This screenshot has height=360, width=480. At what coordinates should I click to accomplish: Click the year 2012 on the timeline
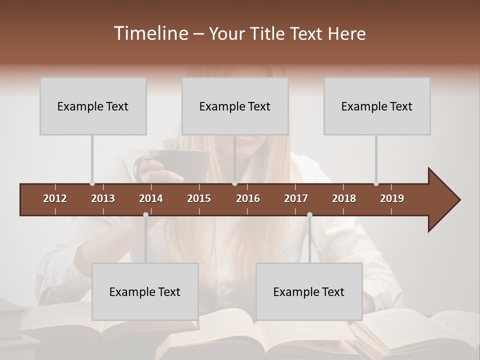pyautogui.click(x=55, y=198)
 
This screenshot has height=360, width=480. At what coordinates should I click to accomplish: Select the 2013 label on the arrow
pyautogui.click(x=103, y=198)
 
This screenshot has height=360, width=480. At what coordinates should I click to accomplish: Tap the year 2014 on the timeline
pyautogui.click(x=151, y=198)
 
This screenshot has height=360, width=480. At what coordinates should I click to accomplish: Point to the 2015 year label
pyautogui.click(x=199, y=198)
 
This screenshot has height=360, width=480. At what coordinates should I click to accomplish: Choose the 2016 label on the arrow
pyautogui.click(x=248, y=198)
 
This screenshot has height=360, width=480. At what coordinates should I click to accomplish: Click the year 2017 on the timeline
pyautogui.click(x=296, y=198)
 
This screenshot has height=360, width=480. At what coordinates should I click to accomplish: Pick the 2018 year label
pyautogui.click(x=344, y=198)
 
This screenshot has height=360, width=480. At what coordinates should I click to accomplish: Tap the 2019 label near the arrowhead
pyautogui.click(x=392, y=198)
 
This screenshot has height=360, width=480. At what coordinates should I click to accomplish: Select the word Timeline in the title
pyautogui.click(x=150, y=33)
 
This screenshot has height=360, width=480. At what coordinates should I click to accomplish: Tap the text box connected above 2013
pyautogui.click(x=93, y=106)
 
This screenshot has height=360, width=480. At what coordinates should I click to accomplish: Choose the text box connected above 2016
pyautogui.click(x=235, y=106)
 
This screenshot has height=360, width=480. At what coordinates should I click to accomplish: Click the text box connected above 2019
pyautogui.click(x=377, y=106)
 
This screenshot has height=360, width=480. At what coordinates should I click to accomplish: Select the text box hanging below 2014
pyautogui.click(x=145, y=291)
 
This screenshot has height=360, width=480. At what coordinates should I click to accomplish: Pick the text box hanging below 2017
pyautogui.click(x=309, y=291)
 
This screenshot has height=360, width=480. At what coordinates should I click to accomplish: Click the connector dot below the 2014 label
pyautogui.click(x=145, y=215)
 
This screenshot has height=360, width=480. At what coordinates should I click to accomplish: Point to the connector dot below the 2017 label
pyautogui.click(x=309, y=215)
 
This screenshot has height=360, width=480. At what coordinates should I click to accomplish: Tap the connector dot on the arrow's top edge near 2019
pyautogui.click(x=376, y=183)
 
